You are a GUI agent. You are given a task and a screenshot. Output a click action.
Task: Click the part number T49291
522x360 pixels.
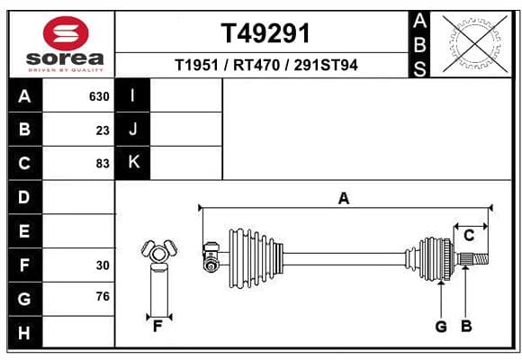[x=265, y=33]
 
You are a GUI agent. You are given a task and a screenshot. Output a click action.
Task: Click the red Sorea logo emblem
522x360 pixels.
[x=66, y=33]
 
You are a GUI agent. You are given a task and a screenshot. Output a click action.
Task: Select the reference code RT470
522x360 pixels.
[x=256, y=65]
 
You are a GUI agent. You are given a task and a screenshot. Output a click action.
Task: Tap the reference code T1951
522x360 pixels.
[x=196, y=65]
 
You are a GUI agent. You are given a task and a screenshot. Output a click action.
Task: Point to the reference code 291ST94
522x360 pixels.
[x=326, y=65]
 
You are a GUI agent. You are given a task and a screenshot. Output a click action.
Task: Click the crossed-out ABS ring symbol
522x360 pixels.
[x=475, y=43]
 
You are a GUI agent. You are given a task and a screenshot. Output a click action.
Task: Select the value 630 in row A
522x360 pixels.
[x=99, y=96]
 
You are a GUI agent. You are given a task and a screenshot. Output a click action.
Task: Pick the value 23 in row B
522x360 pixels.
[x=103, y=130]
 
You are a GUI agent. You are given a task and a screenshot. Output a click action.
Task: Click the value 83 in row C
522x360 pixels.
[x=103, y=164]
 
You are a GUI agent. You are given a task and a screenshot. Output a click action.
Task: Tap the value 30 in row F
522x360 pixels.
[x=103, y=265]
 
